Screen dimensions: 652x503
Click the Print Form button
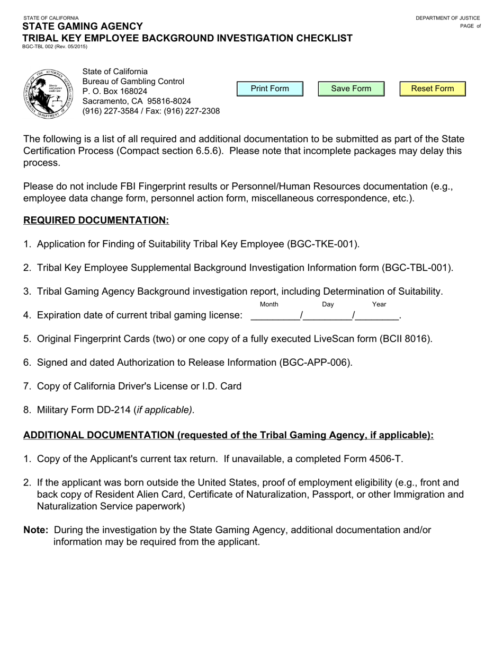[x=270, y=89]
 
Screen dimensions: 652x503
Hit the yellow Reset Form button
[x=433, y=89]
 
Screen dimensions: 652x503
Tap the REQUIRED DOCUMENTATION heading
[x=96, y=221]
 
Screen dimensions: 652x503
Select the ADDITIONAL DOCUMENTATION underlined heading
[x=228, y=435]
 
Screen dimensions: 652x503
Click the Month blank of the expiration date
[x=275, y=315]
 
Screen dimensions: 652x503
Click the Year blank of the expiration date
[x=377, y=315]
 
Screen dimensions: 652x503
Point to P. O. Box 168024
[x=115, y=91]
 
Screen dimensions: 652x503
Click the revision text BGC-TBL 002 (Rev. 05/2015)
[x=55, y=47]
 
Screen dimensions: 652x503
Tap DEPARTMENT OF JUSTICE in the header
[x=447, y=18]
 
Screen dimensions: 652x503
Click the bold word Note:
[x=36, y=530]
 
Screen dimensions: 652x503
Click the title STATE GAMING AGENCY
[x=83, y=27]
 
